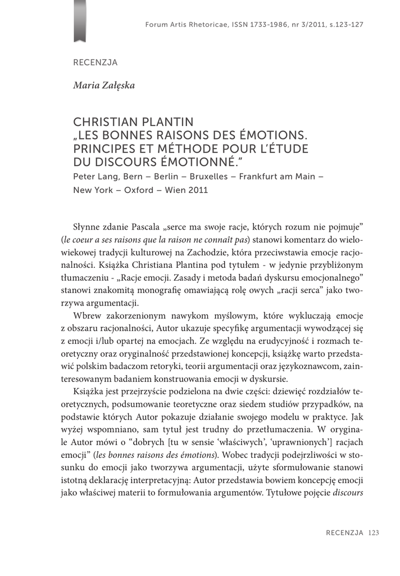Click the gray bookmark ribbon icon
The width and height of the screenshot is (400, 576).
click(x=80, y=21)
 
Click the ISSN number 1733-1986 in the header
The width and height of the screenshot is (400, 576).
click(x=266, y=25)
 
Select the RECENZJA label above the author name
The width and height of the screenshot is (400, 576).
click(x=96, y=62)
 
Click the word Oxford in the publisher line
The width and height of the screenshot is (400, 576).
click(x=139, y=190)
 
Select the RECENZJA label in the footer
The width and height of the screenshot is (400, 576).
click(x=344, y=533)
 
